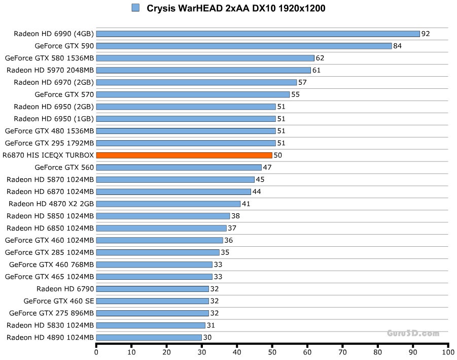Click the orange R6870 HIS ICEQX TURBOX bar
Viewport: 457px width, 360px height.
(x=184, y=155)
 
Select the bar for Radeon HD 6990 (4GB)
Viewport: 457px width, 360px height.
(x=258, y=34)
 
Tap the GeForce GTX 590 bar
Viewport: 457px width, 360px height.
(x=243, y=46)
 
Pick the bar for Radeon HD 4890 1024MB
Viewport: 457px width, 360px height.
(x=149, y=337)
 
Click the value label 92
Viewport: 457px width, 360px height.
(x=426, y=34)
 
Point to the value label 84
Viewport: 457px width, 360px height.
(x=398, y=46)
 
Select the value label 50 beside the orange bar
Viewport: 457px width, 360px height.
(x=277, y=155)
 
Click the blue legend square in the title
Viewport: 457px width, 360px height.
(x=135, y=8)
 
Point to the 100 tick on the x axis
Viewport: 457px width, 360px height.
(x=448, y=351)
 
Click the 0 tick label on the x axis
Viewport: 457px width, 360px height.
(x=96, y=351)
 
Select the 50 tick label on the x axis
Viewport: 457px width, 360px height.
(x=272, y=351)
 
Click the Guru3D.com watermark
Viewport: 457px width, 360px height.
(x=413, y=333)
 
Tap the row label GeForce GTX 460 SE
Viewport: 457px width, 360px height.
(x=58, y=301)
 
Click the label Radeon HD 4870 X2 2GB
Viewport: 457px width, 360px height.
(x=51, y=204)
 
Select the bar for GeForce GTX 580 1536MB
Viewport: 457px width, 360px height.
(x=205, y=58)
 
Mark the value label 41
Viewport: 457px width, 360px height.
(x=246, y=204)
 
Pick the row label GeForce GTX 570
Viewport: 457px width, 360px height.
(x=64, y=94)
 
